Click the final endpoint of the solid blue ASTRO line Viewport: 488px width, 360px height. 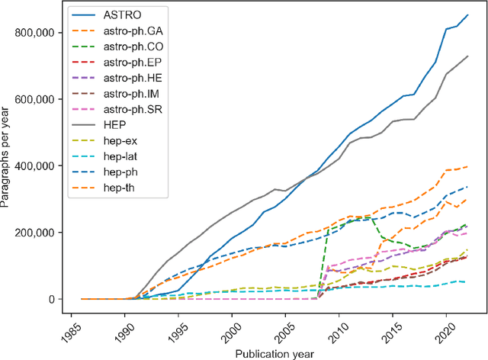pos(467,14)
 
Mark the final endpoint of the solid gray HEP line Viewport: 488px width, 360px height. pos(467,56)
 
